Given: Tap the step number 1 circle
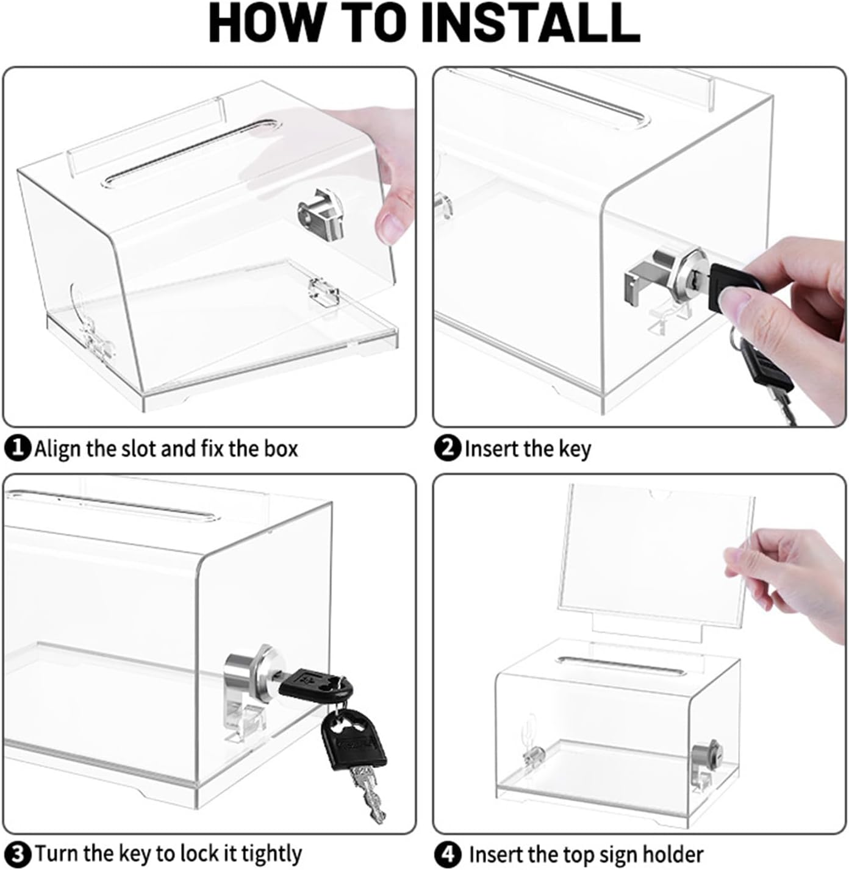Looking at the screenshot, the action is pyautogui.click(x=18, y=448).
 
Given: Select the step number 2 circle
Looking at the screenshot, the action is pyautogui.click(x=447, y=448).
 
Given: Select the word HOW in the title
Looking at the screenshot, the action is pyautogui.click(x=265, y=23).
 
